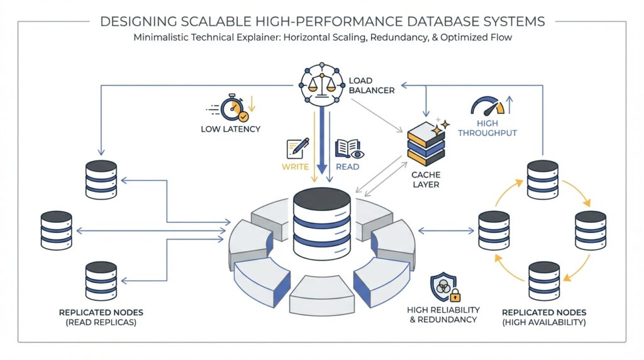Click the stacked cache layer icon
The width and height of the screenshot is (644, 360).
pos(426,142)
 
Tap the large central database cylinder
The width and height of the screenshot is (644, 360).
pos(321,223)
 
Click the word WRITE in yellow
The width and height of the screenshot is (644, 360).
pos(294,167)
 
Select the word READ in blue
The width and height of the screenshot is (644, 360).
pos(347,167)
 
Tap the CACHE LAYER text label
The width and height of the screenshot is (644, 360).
pos(425,179)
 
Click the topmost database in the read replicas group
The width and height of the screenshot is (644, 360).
pos(101,179)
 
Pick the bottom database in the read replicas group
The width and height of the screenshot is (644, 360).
pos(101,281)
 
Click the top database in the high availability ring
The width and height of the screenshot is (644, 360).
pos(543,179)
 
